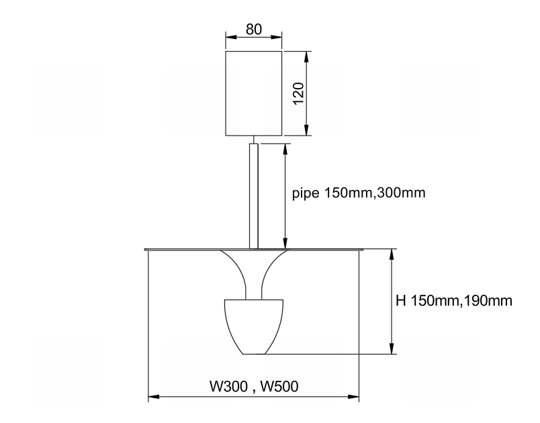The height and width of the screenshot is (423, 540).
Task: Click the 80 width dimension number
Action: pyautogui.click(x=253, y=30)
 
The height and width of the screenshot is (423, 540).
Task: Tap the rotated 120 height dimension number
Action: pyautogui.click(x=298, y=93)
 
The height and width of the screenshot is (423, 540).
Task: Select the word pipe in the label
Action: pyautogui.click(x=306, y=193)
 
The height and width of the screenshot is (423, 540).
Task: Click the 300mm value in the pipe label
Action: pyautogui.click(x=401, y=193)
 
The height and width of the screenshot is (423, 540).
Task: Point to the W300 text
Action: pyautogui.click(x=228, y=386)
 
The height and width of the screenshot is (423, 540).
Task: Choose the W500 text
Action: pyautogui.click(x=279, y=386)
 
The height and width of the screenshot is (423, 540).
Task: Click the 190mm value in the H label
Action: pyautogui.click(x=488, y=301)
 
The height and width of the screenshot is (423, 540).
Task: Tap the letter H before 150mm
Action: pyautogui.click(x=400, y=301)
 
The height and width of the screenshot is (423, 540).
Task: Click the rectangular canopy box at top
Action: pyautogui.click(x=254, y=93)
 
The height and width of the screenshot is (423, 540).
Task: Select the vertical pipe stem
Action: pyautogui.click(x=254, y=196)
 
